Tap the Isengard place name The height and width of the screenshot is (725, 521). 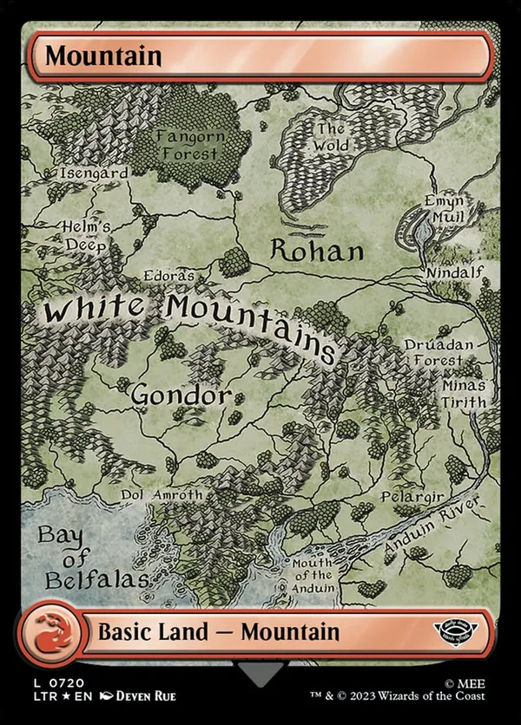pos(94,173)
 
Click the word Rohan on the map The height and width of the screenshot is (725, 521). pos(317,251)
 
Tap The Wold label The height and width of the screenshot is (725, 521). pos(331,138)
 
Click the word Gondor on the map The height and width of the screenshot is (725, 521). pos(181,395)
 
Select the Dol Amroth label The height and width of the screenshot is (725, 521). pos(161,494)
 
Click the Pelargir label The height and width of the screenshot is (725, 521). pos(412,497)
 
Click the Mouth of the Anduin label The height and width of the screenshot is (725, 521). pos(313,575)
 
